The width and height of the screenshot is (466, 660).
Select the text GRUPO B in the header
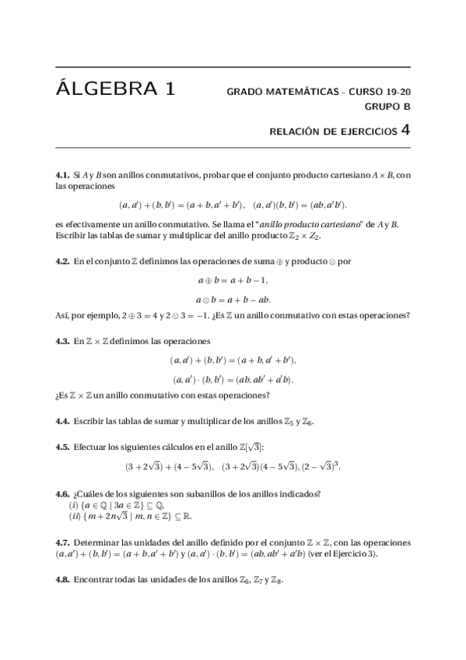coord(387,107)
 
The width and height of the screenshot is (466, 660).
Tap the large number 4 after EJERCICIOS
coord(405,130)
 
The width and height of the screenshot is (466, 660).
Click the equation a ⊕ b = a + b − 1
coord(233,281)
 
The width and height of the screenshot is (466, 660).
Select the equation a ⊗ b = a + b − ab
coord(233,299)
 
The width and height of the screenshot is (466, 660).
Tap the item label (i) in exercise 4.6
coord(74,505)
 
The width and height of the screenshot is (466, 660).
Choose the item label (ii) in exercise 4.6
coord(75,515)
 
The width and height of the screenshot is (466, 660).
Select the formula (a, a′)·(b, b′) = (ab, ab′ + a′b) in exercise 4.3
coord(233,379)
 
